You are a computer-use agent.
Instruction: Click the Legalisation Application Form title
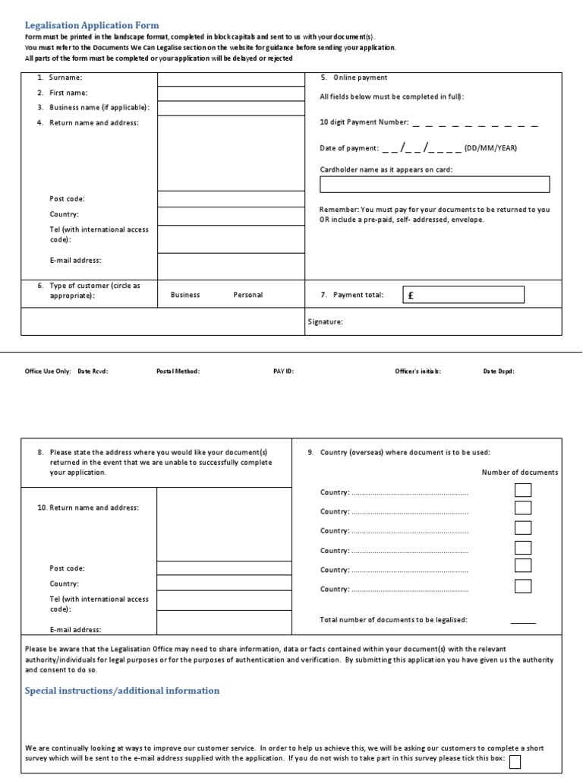(x=92, y=25)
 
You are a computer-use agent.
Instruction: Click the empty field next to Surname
(x=231, y=78)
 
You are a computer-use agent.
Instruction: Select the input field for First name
(x=231, y=93)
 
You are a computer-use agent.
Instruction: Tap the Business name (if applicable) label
(x=99, y=107)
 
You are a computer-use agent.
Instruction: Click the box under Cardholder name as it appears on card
(x=434, y=185)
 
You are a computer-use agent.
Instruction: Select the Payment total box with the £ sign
(x=462, y=295)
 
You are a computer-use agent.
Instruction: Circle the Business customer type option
(x=185, y=295)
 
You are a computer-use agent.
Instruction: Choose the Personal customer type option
(x=247, y=295)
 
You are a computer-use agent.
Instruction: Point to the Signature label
(x=325, y=321)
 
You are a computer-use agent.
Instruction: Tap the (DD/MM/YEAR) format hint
(x=490, y=148)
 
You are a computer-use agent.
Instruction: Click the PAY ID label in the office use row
(x=283, y=372)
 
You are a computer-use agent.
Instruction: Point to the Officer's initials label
(x=418, y=372)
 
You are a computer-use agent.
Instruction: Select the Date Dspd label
(x=499, y=372)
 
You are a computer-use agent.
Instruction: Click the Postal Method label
(x=178, y=372)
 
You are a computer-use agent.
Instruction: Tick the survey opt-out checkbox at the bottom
(x=515, y=762)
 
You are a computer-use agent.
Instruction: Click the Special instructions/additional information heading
(x=122, y=691)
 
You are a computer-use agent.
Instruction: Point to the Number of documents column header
(x=519, y=472)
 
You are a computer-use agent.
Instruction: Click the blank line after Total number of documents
(x=522, y=621)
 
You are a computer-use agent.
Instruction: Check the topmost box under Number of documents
(x=522, y=490)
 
